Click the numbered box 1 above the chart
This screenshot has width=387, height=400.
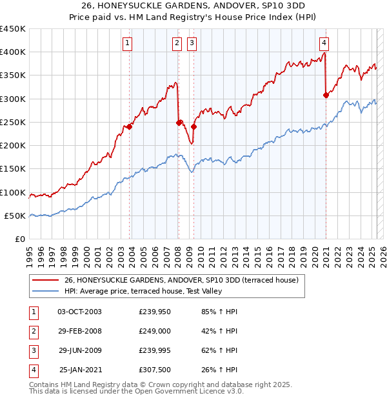tap(128, 43)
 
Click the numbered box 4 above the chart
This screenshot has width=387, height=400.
tap(324, 43)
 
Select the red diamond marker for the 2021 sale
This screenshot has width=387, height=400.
tap(326, 95)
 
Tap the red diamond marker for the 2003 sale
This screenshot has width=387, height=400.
tap(130, 126)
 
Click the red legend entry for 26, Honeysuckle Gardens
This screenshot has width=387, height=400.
tap(181, 281)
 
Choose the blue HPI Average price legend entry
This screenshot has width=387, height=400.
tap(152, 291)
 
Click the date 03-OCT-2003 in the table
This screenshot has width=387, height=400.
tap(79, 312)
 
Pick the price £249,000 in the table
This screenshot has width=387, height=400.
tap(155, 331)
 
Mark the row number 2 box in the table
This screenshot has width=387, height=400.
tap(32, 331)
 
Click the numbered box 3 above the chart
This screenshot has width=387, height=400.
tap(192, 43)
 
